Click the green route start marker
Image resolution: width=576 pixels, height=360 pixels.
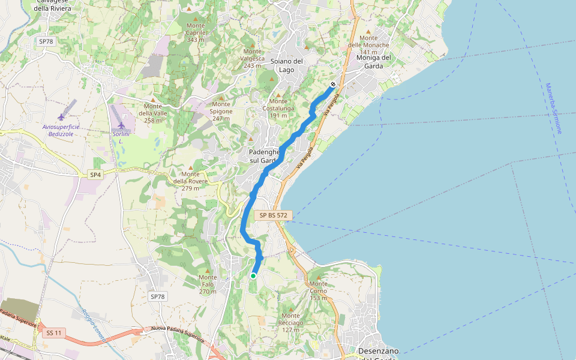tap(253, 276)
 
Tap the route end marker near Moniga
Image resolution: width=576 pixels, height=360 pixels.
tap(333, 85)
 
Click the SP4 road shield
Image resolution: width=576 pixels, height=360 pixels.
tap(95, 175)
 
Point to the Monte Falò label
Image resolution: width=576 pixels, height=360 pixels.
tap(208, 284)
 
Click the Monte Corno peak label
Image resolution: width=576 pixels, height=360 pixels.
tap(318, 291)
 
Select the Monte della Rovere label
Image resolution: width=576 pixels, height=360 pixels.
tap(190, 181)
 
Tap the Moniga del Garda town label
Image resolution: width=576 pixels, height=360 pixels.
tap(374, 62)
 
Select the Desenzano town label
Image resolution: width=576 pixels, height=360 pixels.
tap(378, 351)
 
